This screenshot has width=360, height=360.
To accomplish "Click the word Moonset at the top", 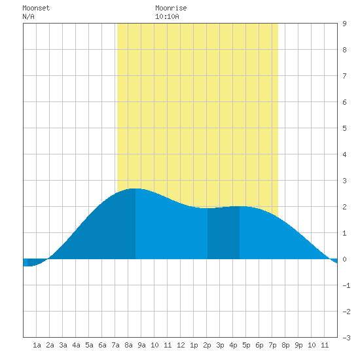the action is pos(36,8).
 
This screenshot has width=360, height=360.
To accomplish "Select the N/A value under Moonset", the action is pos(28,16).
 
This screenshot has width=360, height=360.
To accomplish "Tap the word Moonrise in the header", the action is pos(171,8).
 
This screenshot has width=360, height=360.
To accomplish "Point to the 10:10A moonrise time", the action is pos(167,16).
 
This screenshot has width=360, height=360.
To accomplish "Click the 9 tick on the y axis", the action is pos(344,24).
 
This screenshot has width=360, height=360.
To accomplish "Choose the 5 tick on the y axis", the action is pos(344,128).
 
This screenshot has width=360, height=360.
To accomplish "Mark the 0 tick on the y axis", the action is pos(344,259).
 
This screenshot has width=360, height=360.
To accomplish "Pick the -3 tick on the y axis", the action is pos(346,338).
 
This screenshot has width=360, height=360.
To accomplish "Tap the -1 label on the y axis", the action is pos(346,285).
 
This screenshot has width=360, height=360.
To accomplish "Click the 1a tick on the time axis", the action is pos(37,345).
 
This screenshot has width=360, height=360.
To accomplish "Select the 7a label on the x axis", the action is pos(115,345).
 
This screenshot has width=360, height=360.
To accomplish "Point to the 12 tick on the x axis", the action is pos(181,345).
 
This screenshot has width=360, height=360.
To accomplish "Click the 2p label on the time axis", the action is pos(207,345).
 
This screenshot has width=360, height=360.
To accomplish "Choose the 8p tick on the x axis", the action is pos(285,345).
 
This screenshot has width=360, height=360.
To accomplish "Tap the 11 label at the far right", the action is pos(325,345).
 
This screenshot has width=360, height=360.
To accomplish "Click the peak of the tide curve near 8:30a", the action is pos(135,189).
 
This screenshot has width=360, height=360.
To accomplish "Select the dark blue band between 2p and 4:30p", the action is pos(223,232).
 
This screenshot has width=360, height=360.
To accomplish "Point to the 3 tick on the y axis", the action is pos(344,181).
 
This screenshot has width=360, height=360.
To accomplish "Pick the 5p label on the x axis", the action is pos(246,345).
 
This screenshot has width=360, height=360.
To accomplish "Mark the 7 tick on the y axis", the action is pos(344,76).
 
